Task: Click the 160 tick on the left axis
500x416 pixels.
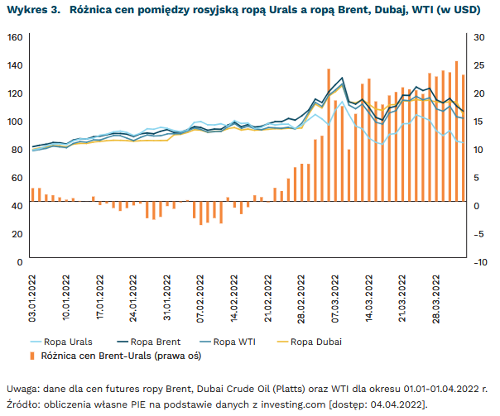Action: tap(15, 37)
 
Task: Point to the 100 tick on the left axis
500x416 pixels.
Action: tap(15, 122)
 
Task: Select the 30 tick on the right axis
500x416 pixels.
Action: tap(478, 37)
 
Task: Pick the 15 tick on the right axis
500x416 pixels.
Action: tap(478, 122)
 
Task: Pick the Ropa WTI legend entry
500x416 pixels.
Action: tap(234, 342)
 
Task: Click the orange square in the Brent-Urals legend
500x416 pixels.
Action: tap(33, 356)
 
